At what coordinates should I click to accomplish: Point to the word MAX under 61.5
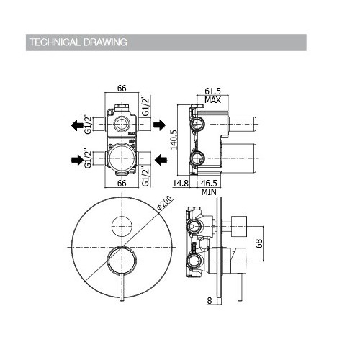tap(212, 99)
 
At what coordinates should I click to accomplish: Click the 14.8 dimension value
tap(181, 184)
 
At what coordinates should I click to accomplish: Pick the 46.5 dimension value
tap(210, 184)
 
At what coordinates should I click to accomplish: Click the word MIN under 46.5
tap(210, 192)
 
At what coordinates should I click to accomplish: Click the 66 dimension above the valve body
tap(122, 88)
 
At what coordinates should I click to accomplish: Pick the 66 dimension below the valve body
tap(122, 184)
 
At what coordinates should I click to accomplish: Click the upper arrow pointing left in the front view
tap(78, 125)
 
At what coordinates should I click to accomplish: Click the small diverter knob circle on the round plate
tap(120, 225)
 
